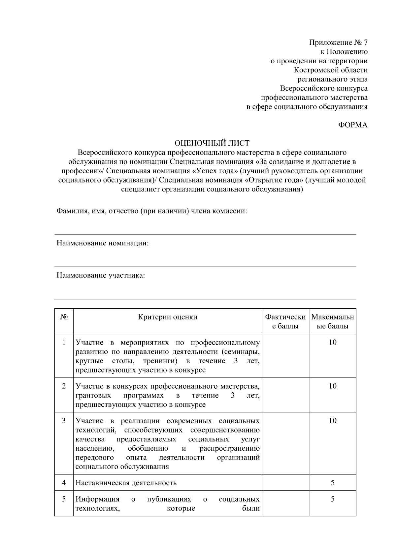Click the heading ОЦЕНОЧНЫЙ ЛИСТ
212,143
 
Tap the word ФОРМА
353,125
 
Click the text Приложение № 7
338,42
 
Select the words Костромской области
331,70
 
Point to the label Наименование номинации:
103,243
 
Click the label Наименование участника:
101,275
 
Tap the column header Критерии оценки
167,317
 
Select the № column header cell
64,317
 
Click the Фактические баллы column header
285,321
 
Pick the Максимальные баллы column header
332,321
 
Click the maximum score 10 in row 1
332,342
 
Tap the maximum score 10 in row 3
332,421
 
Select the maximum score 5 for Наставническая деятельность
332,483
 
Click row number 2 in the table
64,386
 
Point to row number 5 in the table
64,499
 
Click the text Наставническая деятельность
126,483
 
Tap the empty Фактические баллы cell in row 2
285,395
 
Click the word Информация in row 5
97,499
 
